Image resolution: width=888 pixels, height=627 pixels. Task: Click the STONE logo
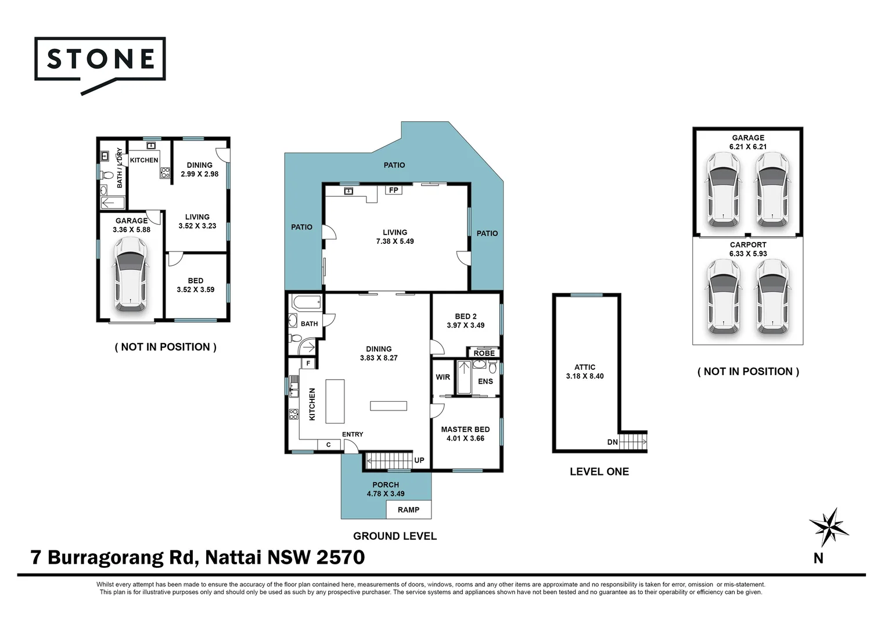pyautogui.click(x=100, y=60)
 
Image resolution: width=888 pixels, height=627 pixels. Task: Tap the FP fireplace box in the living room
pyautogui.click(x=394, y=190)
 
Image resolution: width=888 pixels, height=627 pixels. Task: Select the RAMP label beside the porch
pyautogui.click(x=408, y=510)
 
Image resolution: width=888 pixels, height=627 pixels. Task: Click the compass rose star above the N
pyautogui.click(x=829, y=526)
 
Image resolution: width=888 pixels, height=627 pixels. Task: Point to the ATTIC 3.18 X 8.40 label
pyautogui.click(x=585, y=372)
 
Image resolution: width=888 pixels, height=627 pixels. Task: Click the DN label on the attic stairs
pyautogui.click(x=612, y=442)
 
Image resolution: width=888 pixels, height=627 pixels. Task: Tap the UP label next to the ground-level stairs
pyautogui.click(x=419, y=460)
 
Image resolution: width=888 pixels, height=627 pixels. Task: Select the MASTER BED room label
pyautogui.click(x=465, y=434)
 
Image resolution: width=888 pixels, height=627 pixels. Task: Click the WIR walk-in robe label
pyautogui.click(x=443, y=377)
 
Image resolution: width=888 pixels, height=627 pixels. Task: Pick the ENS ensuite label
pyautogui.click(x=486, y=381)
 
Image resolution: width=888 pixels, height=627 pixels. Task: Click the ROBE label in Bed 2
pyautogui.click(x=484, y=353)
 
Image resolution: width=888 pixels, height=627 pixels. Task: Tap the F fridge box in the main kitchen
pyautogui.click(x=308, y=363)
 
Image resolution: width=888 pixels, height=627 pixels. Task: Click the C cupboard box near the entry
pyautogui.click(x=328, y=445)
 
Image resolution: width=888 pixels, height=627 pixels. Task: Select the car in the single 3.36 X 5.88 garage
pyautogui.click(x=131, y=274)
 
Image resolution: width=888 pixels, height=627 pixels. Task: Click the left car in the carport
pyautogui.click(x=724, y=297)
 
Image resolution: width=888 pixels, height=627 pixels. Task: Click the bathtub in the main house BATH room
pyautogui.click(x=306, y=302)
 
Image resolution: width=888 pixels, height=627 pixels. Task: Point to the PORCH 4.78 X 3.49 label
pyautogui.click(x=386, y=489)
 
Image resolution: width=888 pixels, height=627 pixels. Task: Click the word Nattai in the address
pyautogui.click(x=233, y=557)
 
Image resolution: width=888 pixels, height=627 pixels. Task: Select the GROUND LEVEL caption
pyautogui.click(x=395, y=536)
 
